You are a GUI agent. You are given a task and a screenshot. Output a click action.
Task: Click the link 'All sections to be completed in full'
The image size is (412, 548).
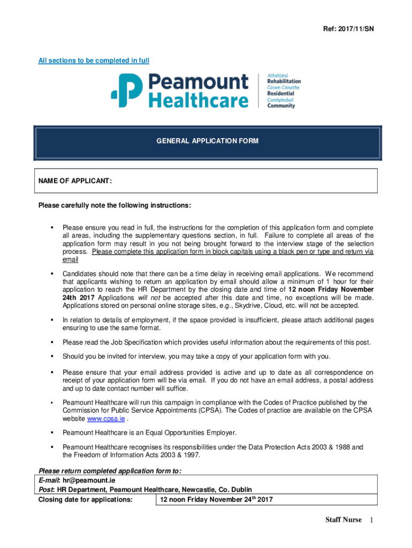94,60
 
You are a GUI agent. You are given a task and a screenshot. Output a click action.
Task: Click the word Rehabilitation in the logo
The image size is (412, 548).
284,81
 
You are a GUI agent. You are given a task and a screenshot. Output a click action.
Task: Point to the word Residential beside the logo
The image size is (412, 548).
280,94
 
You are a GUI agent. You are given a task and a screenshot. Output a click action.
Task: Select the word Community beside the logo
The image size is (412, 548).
281,106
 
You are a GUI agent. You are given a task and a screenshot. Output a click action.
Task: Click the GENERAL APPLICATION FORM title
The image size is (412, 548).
207,141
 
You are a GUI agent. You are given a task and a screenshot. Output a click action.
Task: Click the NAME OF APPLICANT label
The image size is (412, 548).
75,181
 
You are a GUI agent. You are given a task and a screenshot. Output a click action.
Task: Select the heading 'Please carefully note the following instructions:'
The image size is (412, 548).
114,205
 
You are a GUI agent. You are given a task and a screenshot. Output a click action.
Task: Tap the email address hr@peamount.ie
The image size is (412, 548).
85,481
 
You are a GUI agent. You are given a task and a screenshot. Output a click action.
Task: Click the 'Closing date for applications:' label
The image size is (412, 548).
85,500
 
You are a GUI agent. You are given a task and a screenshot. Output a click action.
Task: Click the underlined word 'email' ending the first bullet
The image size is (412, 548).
70,260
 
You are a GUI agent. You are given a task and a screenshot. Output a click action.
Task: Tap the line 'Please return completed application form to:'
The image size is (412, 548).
109,471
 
